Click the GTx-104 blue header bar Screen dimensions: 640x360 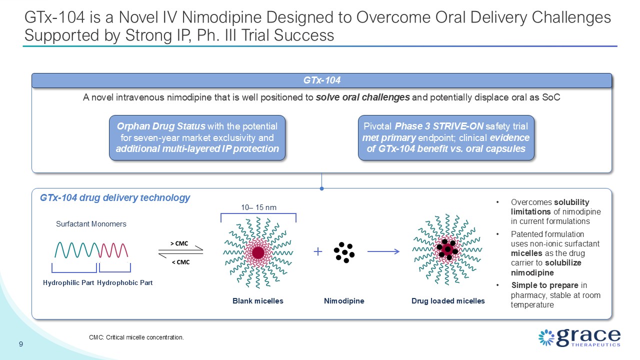tap(321, 80)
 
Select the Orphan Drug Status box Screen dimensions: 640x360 tap(197, 137)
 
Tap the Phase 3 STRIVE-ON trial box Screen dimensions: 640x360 tap(446, 137)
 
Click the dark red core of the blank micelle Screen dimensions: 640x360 tap(258, 253)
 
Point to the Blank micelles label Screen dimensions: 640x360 tap(257, 301)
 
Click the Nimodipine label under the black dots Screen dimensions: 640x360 tap(344, 301)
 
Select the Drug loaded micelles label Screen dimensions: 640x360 tap(448, 301)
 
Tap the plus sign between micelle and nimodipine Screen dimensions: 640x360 tap(317, 251)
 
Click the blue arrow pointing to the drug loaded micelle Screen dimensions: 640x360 tap(383, 251)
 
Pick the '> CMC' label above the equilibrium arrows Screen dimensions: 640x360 tap(179, 243)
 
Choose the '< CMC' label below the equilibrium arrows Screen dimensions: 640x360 tap(180, 262)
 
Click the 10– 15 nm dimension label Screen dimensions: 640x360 tap(258, 207)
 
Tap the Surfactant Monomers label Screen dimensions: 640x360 tap(91, 224)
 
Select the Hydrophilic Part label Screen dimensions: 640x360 tap(68, 283)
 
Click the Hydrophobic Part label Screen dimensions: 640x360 tap(125, 283)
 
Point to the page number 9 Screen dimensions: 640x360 tap(21, 344)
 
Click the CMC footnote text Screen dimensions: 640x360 tap(136, 337)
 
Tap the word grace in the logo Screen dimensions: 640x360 tap(588, 337)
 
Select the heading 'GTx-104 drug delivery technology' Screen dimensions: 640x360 tap(115, 197)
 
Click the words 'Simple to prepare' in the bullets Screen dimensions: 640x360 tap(545, 285)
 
